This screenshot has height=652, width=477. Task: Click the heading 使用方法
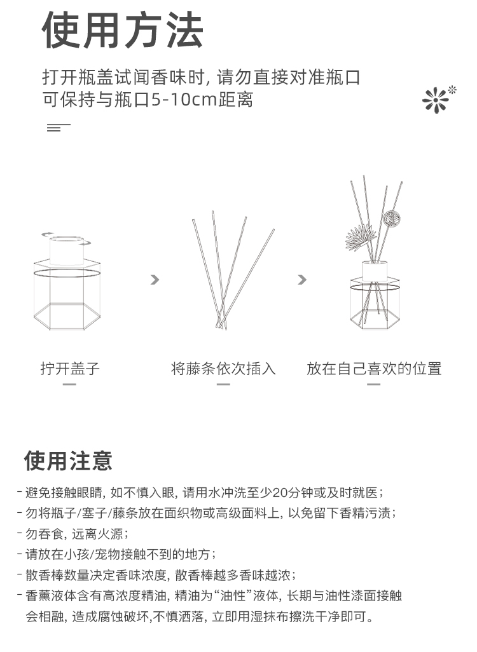point(122,30)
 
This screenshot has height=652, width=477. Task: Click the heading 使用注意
point(68,460)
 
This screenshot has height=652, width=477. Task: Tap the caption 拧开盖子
point(70,369)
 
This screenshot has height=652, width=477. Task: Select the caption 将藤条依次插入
point(223,369)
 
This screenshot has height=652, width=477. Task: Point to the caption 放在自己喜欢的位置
point(374,369)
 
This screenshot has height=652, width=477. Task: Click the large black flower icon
point(436,100)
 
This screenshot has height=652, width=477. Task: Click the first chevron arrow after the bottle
point(155,280)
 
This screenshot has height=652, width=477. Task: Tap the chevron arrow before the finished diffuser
point(302,280)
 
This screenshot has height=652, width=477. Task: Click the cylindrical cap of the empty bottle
point(67,250)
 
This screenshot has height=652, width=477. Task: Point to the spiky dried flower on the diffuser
point(361,238)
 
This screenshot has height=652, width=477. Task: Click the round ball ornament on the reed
point(392,217)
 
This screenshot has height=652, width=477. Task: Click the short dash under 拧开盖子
point(69,384)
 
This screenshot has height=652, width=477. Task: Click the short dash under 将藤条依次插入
point(223,384)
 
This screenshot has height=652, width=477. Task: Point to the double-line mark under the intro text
point(59,128)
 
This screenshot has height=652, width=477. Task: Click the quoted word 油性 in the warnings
point(232,596)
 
